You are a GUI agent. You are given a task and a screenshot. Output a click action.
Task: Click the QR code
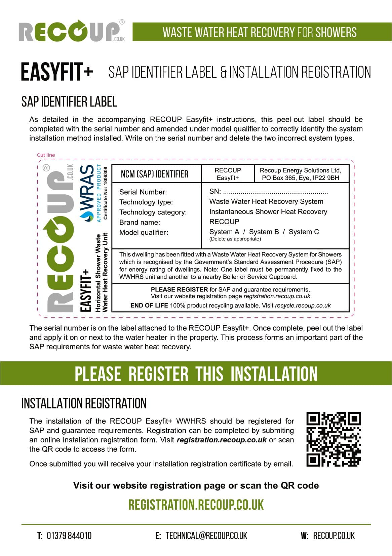[334, 439]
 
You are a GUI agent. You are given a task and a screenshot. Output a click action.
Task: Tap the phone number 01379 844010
[69, 535]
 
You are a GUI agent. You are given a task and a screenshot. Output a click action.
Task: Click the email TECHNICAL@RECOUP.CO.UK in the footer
[206, 535]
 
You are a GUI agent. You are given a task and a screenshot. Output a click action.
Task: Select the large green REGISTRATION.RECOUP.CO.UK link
[196, 505]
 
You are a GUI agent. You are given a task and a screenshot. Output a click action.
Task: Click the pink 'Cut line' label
[46, 155]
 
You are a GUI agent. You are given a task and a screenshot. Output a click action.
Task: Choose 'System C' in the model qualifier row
[304, 232]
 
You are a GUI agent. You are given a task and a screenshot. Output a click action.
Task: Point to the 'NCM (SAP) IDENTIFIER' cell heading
[155, 174]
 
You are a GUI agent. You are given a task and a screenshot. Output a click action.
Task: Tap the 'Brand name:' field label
[140, 222]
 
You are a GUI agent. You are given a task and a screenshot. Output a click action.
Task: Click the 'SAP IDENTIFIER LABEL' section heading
[69, 102]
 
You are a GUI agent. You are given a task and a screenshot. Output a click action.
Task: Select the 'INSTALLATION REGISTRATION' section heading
[84, 403]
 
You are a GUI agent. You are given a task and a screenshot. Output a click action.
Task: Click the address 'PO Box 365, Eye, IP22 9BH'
[300, 178]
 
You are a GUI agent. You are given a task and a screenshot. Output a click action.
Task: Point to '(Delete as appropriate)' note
[235, 239]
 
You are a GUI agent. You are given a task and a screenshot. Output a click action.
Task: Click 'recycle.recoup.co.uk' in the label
[303, 306]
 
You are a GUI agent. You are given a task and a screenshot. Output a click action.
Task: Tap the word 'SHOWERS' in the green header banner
[336, 32]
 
